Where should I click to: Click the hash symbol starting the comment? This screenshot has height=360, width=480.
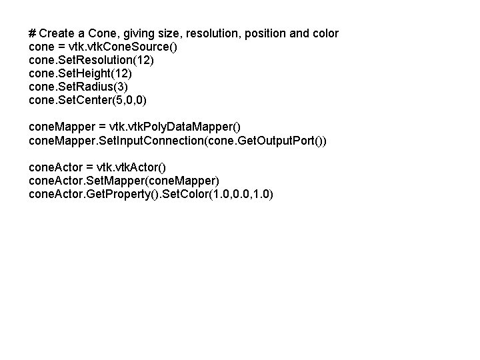[33, 33]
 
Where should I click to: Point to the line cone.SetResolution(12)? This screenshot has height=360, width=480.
[92, 61]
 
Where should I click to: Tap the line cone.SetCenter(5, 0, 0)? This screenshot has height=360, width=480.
[88, 101]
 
